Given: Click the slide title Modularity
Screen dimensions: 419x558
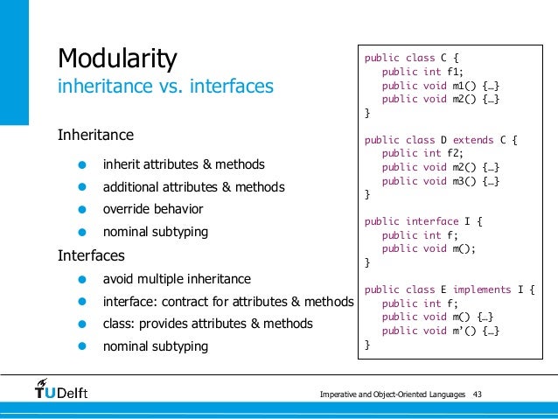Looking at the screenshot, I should pyautogui.click(x=117, y=59).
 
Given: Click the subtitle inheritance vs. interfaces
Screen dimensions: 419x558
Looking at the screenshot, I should pyautogui.click(x=165, y=87).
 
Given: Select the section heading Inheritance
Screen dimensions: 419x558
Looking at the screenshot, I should pyautogui.click(x=95, y=135).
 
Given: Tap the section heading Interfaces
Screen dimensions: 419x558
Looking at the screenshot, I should pyautogui.click(x=91, y=256).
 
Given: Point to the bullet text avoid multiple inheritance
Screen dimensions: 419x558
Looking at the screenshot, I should pyautogui.click(x=177, y=279).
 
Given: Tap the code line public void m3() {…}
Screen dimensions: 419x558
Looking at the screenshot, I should pyautogui.click(x=440, y=181).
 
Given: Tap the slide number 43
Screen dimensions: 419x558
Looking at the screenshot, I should pyautogui.click(x=478, y=395).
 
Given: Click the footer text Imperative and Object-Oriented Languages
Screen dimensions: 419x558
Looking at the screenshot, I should pyautogui.click(x=393, y=395).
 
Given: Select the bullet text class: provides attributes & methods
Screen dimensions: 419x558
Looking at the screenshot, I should pyautogui.click(x=207, y=324).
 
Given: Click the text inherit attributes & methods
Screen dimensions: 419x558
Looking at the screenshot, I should pyautogui.click(x=184, y=164).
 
